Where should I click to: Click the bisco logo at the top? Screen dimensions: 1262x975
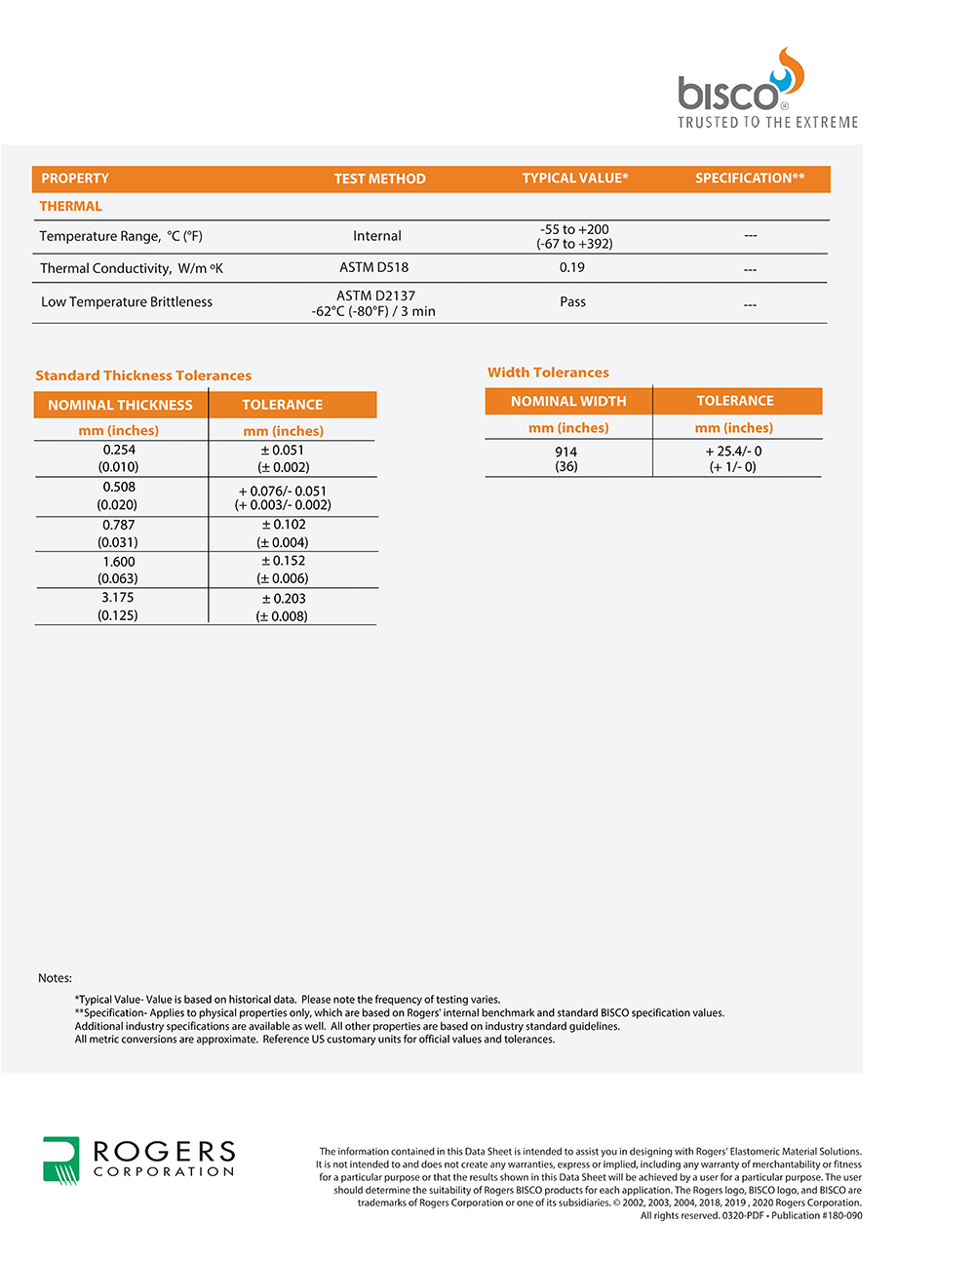click(741, 87)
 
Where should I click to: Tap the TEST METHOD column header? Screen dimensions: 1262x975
click(379, 178)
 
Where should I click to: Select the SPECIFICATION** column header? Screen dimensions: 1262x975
click(750, 178)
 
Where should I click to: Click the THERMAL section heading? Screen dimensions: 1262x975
click(70, 206)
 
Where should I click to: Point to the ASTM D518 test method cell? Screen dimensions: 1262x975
click(374, 267)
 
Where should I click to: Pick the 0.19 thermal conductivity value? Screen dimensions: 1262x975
click(572, 267)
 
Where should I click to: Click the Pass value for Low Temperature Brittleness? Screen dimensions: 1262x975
click(572, 302)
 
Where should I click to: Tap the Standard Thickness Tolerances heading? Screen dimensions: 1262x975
click(143, 375)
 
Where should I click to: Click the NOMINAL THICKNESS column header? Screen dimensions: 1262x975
click(120, 405)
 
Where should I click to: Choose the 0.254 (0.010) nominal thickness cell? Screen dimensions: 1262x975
click(119, 458)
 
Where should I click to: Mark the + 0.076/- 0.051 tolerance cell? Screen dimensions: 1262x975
click(283, 497)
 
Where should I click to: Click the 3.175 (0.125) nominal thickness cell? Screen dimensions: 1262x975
click(118, 607)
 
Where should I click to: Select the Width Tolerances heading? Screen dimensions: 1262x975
click(548, 373)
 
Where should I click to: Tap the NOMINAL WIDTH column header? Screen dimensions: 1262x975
click(568, 401)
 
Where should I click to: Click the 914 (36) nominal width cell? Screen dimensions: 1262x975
click(566, 459)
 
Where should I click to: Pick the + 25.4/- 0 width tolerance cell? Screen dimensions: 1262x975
click(733, 458)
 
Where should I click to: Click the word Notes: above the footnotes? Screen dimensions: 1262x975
click(55, 978)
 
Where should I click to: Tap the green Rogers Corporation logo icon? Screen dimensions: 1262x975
click(61, 1160)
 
